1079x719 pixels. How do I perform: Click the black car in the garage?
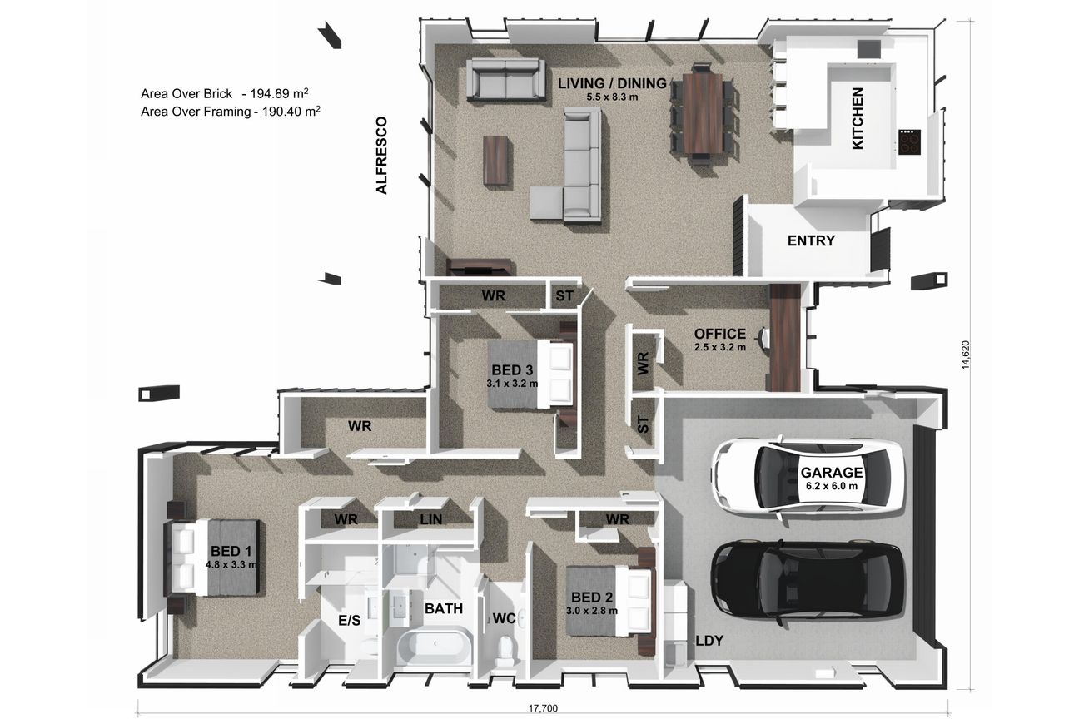(808, 583)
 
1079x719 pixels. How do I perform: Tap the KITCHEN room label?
(858, 118)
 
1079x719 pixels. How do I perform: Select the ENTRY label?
(811, 240)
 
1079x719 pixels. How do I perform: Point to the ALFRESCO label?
(381, 155)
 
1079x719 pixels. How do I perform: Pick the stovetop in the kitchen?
(910, 142)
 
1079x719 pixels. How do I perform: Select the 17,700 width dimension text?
(543, 708)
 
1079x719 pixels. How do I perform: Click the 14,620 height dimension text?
(965, 355)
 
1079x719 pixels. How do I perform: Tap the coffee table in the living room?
(495, 161)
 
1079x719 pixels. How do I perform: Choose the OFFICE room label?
(720, 333)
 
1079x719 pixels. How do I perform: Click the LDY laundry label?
(710, 641)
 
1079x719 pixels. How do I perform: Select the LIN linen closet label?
(431, 519)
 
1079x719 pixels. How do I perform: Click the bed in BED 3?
(530, 374)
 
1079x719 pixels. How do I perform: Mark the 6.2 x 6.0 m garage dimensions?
(832, 486)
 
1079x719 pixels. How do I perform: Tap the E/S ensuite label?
(349, 620)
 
